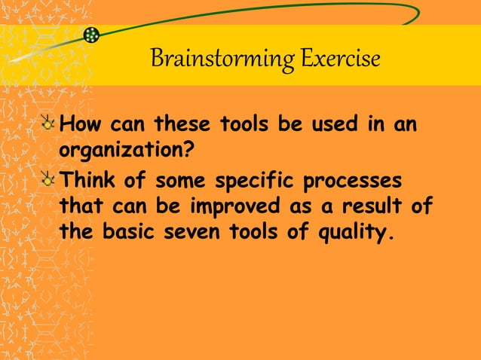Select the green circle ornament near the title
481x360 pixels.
(x=92, y=35)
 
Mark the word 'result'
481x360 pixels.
(x=367, y=206)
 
